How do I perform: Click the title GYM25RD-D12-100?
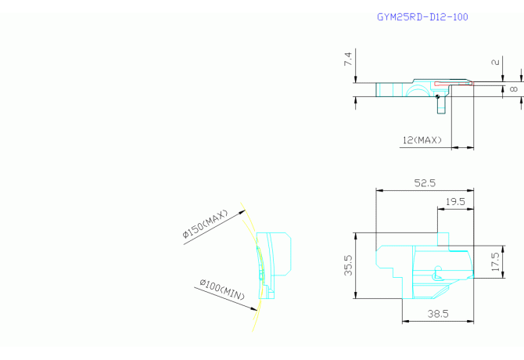422,17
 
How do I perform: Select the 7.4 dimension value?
348,59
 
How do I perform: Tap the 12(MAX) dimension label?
422,140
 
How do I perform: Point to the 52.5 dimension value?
425,183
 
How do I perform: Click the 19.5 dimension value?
455,202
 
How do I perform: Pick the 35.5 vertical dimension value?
348,265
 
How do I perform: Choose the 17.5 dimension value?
495,261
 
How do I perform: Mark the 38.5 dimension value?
438,314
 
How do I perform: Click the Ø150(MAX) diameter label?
205,224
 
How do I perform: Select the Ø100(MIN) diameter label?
222,290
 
